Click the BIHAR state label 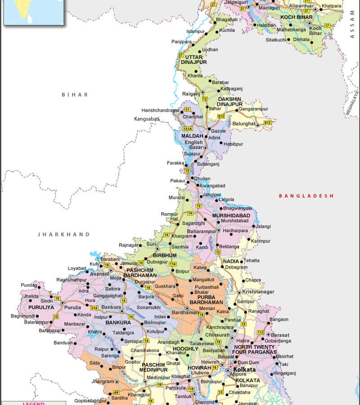coord(75,94)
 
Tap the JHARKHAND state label coord(63,234)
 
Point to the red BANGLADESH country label coord(306,196)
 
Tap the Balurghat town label coord(244,123)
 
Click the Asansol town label coord(100,274)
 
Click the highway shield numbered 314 coord(94,307)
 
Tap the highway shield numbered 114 coord(172,264)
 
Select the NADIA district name coord(231,261)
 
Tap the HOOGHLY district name coord(185,349)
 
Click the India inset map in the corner coord(34,12)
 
